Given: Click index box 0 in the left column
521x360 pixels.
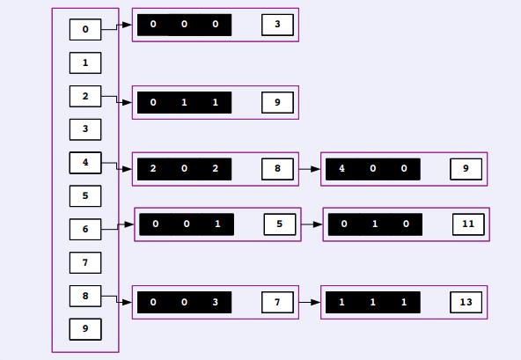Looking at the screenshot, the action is pos(85,30).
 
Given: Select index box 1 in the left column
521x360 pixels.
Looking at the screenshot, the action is pos(85,62).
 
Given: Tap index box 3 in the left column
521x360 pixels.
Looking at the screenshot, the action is pos(85,129).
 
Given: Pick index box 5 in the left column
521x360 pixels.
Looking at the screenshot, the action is pos(85,195).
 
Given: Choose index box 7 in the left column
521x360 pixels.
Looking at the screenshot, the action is pos(85,262).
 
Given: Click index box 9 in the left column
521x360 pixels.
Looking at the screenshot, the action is pos(85,329).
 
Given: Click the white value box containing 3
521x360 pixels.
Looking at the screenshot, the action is pos(277,25).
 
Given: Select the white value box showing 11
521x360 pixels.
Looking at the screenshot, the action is pos(468,224).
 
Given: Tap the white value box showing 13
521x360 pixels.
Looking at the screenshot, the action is pos(466,302).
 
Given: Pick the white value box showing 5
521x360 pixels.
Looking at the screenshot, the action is pos(280,224).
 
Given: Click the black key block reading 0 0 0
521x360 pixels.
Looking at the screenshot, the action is pos(185,25).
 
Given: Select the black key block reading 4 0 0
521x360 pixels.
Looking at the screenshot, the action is pos(373,169).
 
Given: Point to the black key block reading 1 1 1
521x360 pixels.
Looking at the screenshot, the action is pos(373,302).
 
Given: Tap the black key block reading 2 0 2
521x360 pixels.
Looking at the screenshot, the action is pos(185,169).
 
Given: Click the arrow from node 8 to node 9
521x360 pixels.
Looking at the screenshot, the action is pos(310,169).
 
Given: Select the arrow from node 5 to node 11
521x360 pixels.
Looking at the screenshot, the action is pos(312,224).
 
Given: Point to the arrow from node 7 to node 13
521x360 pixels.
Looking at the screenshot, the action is pos(310,302).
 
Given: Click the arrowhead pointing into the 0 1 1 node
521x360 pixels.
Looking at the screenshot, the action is pos(127,102).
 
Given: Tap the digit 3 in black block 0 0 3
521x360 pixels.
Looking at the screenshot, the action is pos(216,302).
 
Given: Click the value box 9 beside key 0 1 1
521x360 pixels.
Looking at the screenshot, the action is pos(277,102).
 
